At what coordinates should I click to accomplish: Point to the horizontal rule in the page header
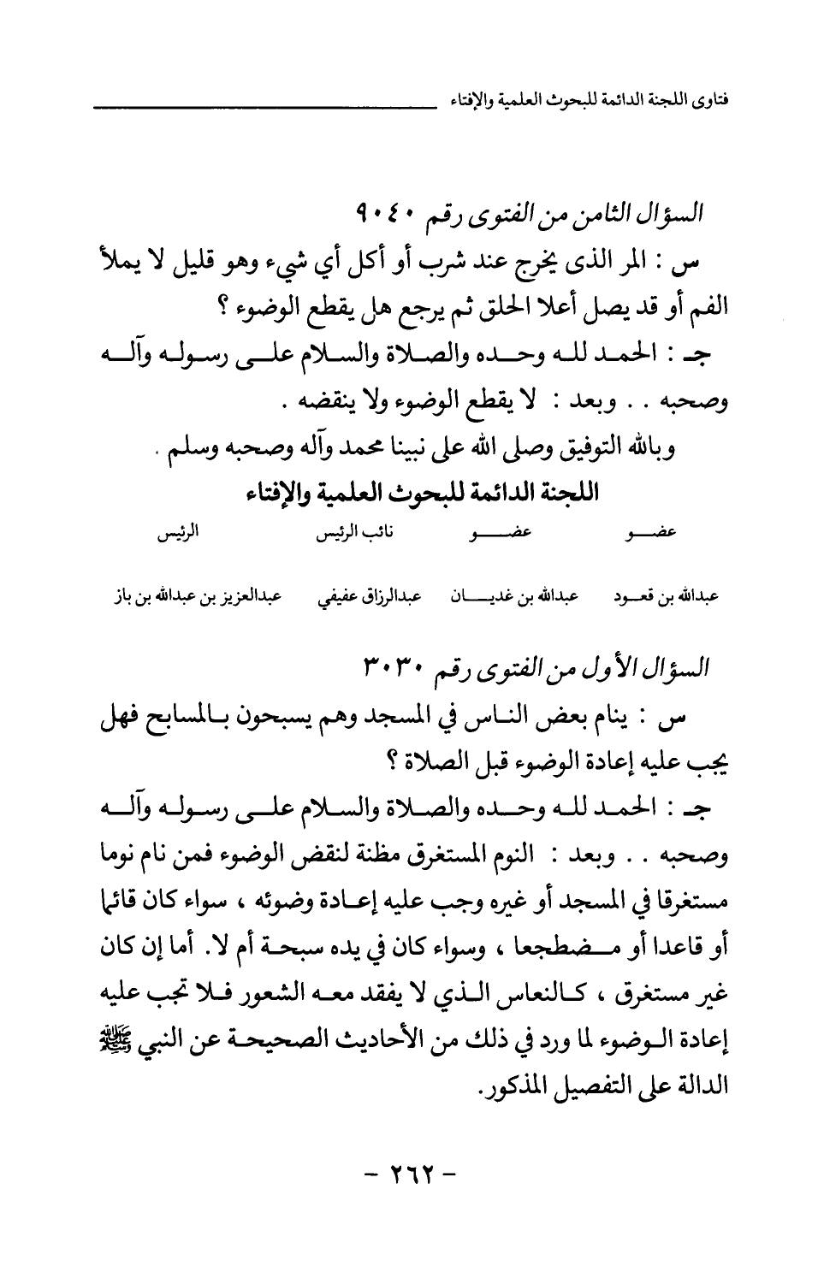coord(256,108)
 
